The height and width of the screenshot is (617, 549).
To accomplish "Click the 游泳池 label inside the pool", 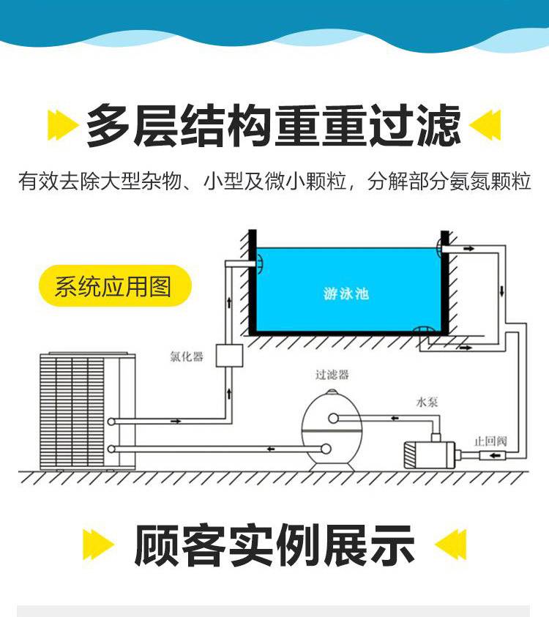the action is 346,293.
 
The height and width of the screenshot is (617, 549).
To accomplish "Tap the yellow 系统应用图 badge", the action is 115,285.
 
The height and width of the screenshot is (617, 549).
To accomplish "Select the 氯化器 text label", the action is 187,356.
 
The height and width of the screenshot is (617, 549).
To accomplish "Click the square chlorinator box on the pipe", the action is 229,356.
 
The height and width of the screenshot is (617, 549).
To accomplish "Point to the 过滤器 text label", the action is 332,375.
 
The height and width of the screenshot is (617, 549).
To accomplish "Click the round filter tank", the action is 332,430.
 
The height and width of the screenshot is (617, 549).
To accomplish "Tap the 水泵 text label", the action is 427,402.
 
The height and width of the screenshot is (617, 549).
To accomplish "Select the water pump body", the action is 430,455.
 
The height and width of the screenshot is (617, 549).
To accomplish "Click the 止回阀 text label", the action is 490,441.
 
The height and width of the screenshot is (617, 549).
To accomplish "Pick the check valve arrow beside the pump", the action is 495,456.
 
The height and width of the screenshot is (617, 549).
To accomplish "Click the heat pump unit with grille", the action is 88,411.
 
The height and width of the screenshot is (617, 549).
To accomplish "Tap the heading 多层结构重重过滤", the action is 274,126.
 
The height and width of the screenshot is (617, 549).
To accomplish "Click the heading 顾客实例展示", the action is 274,545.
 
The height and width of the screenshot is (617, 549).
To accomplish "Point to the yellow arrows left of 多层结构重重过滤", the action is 62,125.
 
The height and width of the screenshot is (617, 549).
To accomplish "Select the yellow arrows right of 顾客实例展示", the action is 451,545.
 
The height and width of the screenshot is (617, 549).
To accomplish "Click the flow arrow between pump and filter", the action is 395,418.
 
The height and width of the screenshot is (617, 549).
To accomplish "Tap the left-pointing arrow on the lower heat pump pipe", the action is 271,449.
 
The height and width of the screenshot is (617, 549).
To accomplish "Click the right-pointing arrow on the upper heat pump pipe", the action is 176,422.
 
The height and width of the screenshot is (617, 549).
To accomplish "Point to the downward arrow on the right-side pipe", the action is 501,291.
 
